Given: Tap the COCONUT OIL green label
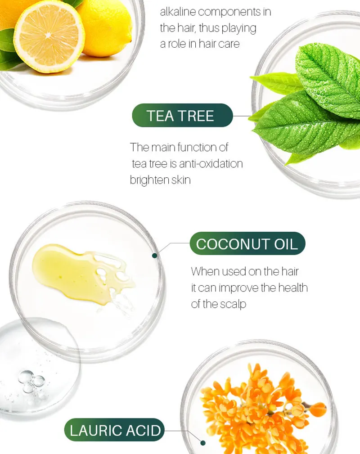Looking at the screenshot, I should click(x=247, y=244).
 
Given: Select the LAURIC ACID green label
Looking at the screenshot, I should click(x=115, y=430).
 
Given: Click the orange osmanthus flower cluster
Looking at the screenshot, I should click(x=261, y=405).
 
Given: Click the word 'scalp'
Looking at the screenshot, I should click(x=233, y=304).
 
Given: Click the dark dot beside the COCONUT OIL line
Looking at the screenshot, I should click(x=155, y=255).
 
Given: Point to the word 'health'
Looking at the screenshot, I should click(x=292, y=288).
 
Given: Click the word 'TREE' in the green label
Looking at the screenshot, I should click(x=198, y=116).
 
